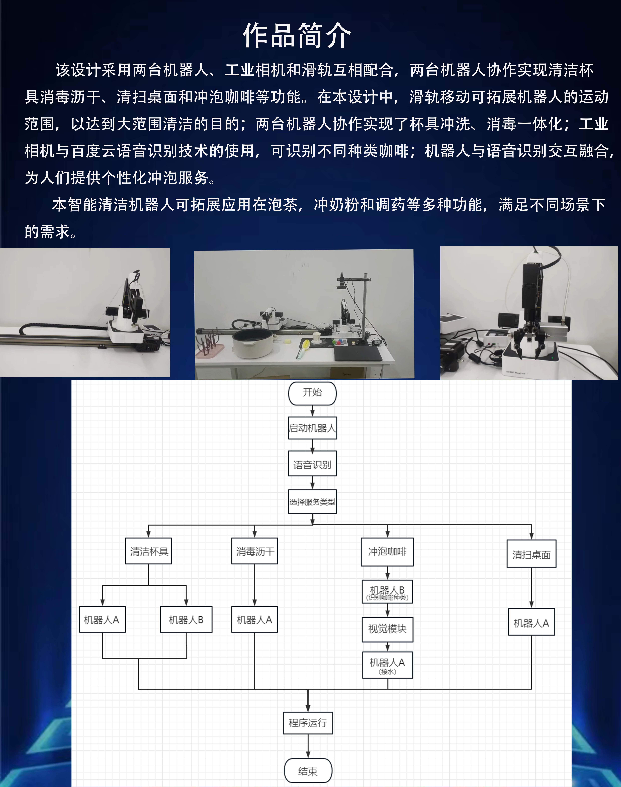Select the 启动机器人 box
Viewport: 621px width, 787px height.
(312, 428)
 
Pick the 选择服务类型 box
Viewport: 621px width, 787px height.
(312, 502)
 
